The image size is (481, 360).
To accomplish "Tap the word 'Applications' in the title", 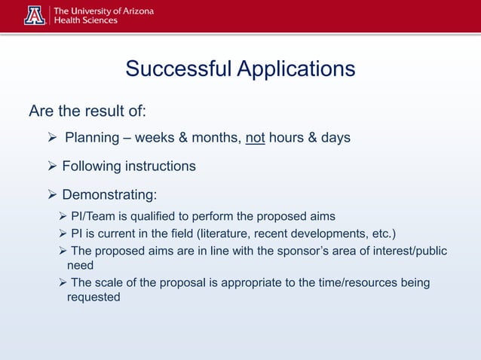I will [296, 69].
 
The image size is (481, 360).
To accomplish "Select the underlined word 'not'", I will [256, 138].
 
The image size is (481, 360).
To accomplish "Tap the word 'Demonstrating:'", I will [109, 195].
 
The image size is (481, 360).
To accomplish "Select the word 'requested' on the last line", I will [93, 297].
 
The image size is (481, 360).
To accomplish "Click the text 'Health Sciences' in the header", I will [84, 20].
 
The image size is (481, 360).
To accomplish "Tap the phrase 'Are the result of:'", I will [87, 111].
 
